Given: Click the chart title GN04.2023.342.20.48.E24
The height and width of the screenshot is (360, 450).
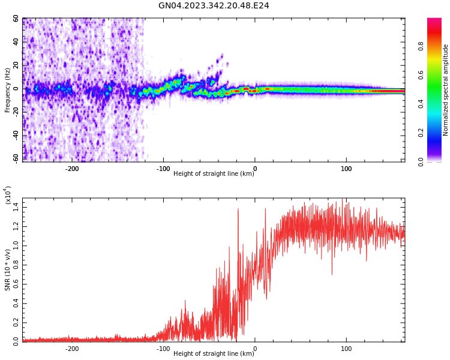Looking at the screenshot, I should coord(214,6).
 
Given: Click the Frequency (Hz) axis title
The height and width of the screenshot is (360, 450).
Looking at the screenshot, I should coord(7,90).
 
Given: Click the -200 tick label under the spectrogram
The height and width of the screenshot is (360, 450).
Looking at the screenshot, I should coord(72,169).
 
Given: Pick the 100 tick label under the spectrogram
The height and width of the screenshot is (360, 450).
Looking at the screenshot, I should coord(346,169).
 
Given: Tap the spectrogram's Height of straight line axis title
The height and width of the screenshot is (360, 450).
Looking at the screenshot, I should coord(214,174).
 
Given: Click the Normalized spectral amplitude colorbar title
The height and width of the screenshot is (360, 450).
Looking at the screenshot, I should coord(446,90).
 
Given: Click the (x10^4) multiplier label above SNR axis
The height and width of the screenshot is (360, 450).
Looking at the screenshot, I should coord(8,195).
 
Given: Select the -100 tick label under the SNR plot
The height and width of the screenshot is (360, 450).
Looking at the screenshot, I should coord(163,349).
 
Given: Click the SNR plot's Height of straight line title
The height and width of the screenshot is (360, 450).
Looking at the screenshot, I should coord(214,354).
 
